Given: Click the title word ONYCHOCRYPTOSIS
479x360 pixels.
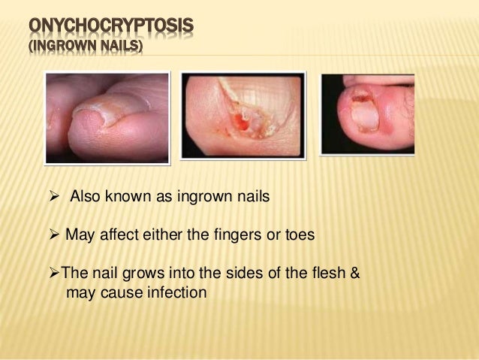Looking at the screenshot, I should click(111, 29).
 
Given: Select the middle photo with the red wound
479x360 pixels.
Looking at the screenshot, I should click(242, 114).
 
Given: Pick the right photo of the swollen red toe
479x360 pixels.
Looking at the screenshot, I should click(367, 114).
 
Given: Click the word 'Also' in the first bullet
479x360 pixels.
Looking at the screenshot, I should click(86, 198).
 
